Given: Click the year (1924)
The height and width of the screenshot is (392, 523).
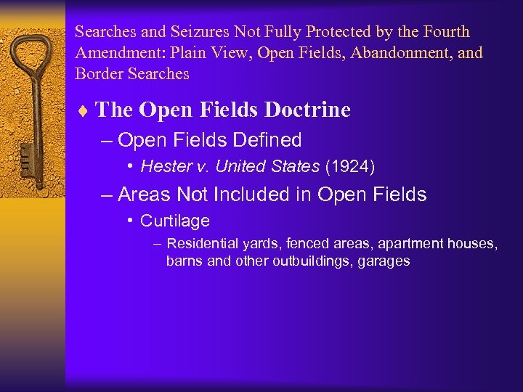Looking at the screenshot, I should click(349, 166).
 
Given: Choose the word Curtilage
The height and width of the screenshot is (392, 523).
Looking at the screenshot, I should click(174, 221).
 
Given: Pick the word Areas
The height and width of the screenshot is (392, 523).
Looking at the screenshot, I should click(142, 195).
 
